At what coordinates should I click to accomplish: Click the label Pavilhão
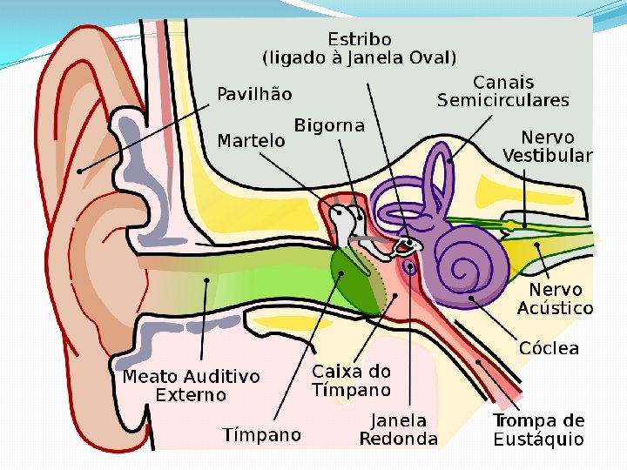point(254,94)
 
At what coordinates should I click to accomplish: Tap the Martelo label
point(251,140)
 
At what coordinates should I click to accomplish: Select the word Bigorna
point(329,126)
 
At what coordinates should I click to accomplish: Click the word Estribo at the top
point(360,39)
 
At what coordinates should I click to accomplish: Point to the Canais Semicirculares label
point(502,91)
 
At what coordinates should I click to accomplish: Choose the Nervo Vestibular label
point(547,147)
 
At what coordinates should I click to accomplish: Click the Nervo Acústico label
point(555,299)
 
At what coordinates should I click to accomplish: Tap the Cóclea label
point(549,348)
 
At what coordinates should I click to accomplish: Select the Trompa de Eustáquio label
point(539,430)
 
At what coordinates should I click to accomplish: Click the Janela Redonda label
point(399,429)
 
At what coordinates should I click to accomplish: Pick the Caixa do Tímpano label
point(352,381)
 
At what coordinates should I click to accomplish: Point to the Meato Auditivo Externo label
point(191,386)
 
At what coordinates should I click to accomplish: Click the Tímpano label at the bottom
point(261,434)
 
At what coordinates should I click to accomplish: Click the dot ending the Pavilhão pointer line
point(79,171)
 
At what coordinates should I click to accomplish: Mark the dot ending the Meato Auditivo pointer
point(206,279)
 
